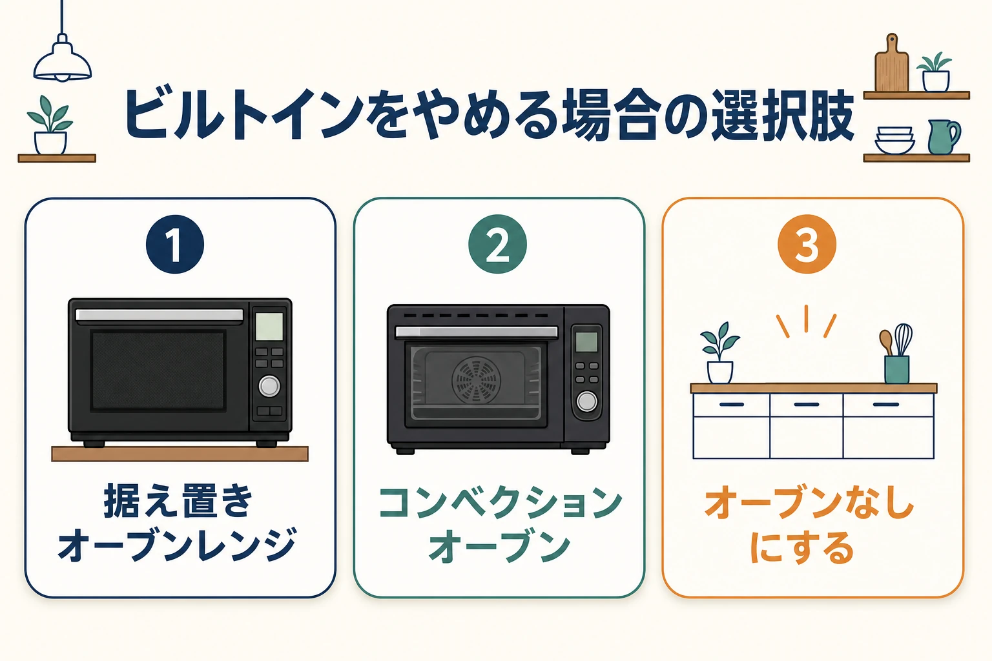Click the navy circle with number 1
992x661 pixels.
point(175,244)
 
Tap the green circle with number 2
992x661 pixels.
point(497,244)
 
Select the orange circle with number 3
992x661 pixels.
point(807,244)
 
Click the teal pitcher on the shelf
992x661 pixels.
point(944,137)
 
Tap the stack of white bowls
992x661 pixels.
point(894,140)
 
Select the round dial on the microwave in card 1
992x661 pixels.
point(269,385)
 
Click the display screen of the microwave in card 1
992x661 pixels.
point(269,326)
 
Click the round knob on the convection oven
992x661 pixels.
point(587,401)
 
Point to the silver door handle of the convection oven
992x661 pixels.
point(477,332)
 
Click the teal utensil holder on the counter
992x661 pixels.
point(897,369)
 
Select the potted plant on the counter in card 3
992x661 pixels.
point(719,353)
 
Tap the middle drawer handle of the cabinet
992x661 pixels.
point(807,404)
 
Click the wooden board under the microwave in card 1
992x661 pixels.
point(180,454)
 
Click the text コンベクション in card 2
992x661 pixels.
point(501,503)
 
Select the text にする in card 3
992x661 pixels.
point(802,547)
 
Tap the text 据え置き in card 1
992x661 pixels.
point(178,501)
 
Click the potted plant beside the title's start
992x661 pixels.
point(50,125)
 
